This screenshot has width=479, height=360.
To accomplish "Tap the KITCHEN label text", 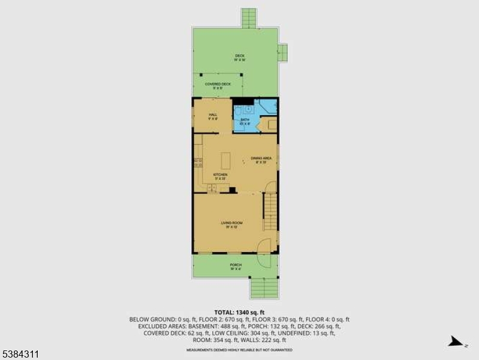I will pos(221,176).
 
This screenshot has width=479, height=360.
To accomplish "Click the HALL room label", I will pos(213,115).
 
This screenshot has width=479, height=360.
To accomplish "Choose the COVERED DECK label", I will pos(218,85).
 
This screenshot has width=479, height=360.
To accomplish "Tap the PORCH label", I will pos(236,266).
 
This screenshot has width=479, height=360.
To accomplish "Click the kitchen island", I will pos(226,160).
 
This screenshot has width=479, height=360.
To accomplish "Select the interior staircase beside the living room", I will pos(271,211).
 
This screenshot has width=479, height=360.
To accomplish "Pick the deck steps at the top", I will pos(249,18).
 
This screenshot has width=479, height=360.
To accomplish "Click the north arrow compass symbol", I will pos(457,343).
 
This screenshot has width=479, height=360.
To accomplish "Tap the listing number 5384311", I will pos(20,355).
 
